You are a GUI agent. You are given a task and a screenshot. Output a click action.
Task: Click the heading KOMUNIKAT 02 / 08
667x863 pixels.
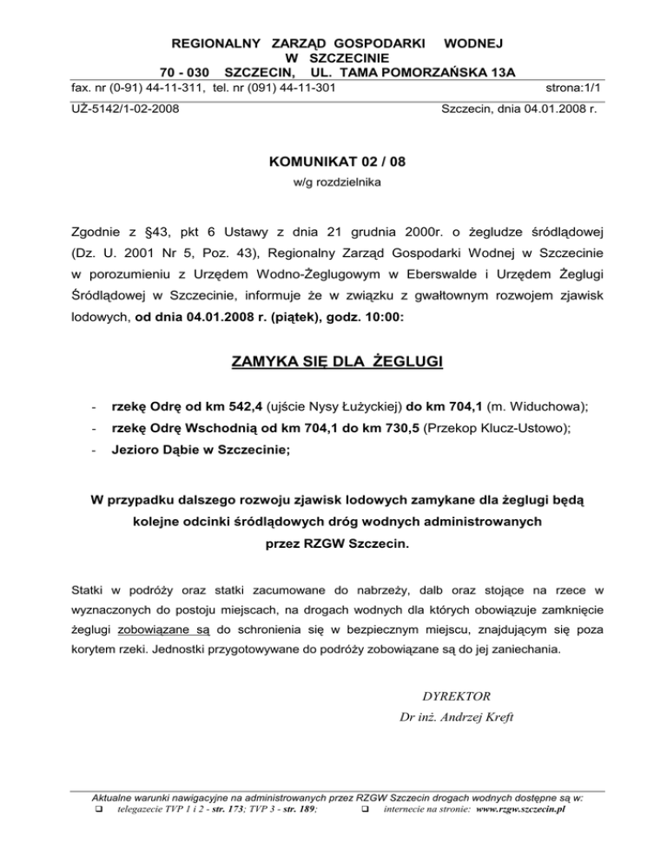click(333, 161)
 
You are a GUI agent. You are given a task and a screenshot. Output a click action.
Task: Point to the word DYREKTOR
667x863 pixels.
click(456, 695)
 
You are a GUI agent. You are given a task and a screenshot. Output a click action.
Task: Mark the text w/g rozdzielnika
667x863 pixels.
click(333, 182)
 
